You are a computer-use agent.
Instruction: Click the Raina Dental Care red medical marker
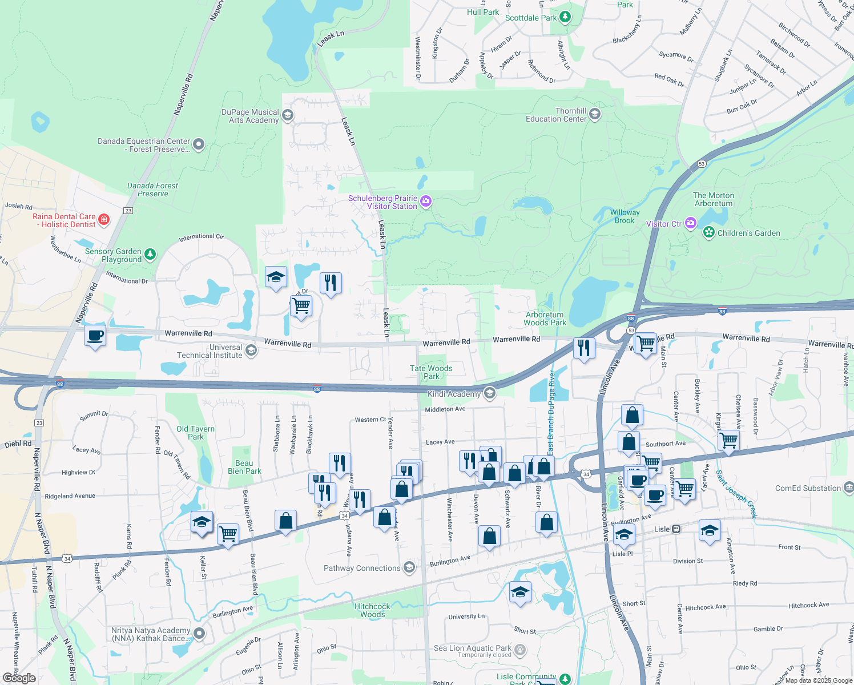pos(103,219)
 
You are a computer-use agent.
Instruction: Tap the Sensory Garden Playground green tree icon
pos(150,254)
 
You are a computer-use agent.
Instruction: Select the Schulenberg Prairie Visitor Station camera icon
pos(425,201)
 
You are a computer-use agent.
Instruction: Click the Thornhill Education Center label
pos(556,115)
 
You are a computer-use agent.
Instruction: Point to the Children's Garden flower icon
pos(708,232)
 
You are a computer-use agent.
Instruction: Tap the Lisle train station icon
pos(676,529)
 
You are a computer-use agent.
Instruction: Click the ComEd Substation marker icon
pos(849,487)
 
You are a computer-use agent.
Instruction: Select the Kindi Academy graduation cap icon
pos(489,393)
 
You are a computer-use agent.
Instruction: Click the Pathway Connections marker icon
pos(409,567)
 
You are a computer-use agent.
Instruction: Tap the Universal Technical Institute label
pos(210,351)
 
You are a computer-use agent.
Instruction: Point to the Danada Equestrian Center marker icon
pos(198,144)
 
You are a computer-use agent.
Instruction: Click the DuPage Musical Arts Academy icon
pos(287,115)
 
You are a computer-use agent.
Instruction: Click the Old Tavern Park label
pos(195,433)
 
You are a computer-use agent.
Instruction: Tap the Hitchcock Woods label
pos(372,610)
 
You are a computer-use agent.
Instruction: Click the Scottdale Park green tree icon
pos(565,17)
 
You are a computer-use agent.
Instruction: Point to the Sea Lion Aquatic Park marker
pos(519,650)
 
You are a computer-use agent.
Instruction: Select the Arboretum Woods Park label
pos(545,319)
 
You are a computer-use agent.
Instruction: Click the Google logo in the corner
pos(19,678)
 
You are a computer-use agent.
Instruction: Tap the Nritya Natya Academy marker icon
pos(199,633)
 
